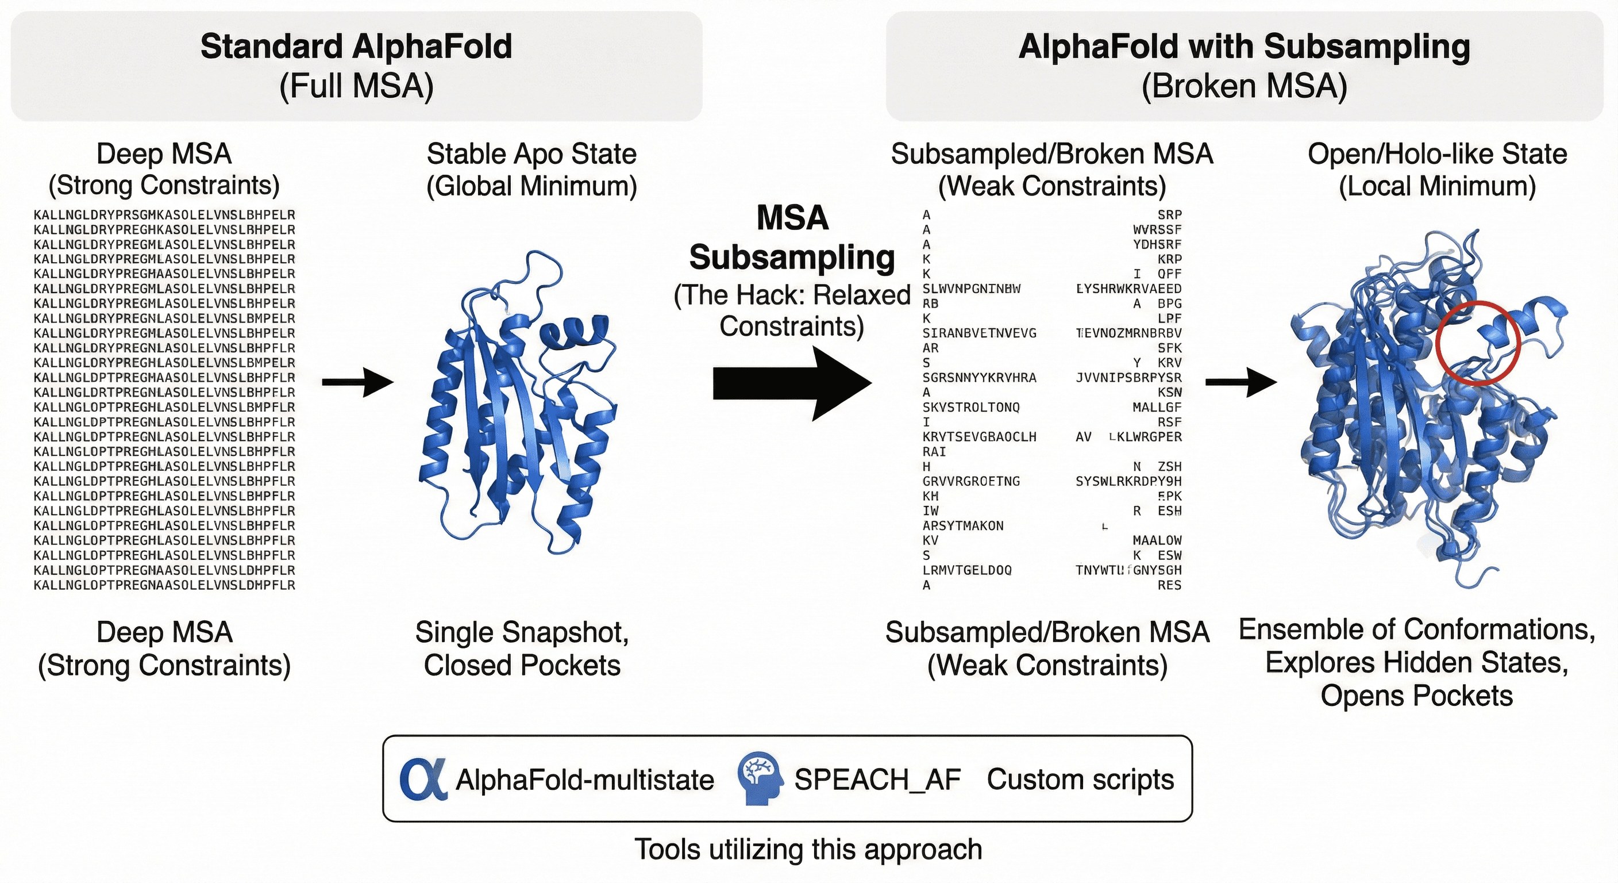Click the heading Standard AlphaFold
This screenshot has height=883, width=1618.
[356, 47]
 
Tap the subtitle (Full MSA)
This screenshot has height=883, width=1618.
[356, 86]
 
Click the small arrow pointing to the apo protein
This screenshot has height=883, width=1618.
[357, 382]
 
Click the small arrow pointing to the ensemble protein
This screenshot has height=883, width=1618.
[1241, 382]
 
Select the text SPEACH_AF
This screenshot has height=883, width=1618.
[877, 780]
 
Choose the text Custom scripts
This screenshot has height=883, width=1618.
[1080, 780]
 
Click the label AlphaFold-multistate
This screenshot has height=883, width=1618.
[584, 780]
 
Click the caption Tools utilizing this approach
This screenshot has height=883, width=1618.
[808, 849]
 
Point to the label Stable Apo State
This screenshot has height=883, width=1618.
[531, 154]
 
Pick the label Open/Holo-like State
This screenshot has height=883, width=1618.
[1437, 154]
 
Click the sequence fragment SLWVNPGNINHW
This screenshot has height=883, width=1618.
[971, 289]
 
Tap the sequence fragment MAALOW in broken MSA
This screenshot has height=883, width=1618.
[1157, 540]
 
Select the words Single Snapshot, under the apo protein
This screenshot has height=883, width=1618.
[521, 632]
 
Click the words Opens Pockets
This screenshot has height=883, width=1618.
[1416, 696]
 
